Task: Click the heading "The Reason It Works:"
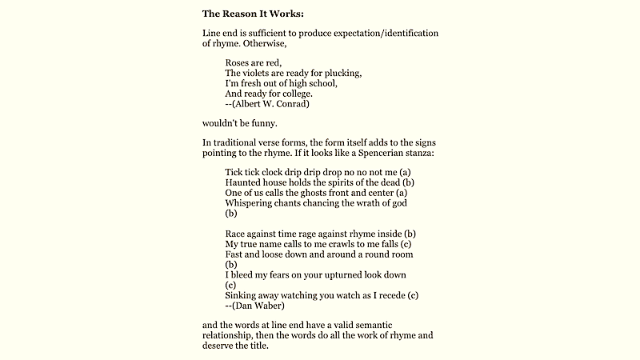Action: [252, 13]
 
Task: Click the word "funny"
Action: [262, 123]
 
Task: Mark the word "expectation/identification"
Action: [375, 33]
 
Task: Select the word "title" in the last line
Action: [258, 346]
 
